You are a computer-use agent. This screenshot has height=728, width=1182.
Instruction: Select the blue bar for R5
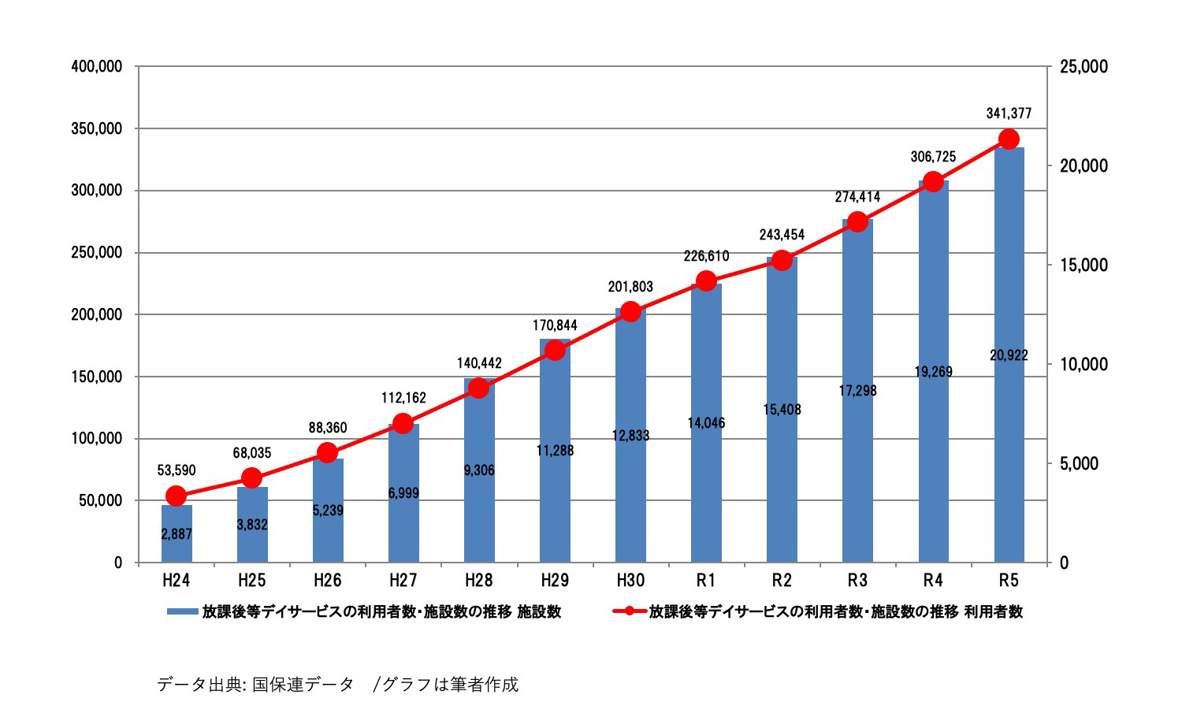(1009, 355)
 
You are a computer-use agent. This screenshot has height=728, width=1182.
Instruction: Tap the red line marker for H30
(630, 312)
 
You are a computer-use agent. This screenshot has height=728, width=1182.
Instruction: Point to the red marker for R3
(857, 222)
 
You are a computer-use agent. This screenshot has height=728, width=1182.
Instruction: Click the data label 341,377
(1009, 113)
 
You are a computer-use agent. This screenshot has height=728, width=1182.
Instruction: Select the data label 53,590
(177, 470)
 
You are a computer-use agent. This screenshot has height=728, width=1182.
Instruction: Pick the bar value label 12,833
(630, 436)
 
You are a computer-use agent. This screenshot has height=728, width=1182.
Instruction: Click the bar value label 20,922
(1009, 355)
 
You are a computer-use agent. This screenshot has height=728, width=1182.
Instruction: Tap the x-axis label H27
(403, 581)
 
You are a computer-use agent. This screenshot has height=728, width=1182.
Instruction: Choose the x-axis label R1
(706, 581)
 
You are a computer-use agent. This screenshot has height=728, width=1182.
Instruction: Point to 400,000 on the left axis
(97, 67)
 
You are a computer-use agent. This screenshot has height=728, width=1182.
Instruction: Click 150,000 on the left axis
(97, 377)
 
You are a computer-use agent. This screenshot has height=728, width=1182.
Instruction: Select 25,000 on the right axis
(1083, 67)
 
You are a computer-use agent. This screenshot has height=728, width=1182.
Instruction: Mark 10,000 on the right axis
(1083, 364)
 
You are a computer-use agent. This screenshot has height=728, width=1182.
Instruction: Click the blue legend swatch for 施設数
(182, 611)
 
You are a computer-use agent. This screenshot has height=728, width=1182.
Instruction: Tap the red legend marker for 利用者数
(630, 611)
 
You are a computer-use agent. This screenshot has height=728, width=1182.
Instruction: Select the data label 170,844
(555, 325)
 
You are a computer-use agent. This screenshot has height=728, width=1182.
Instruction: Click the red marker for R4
(933, 182)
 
